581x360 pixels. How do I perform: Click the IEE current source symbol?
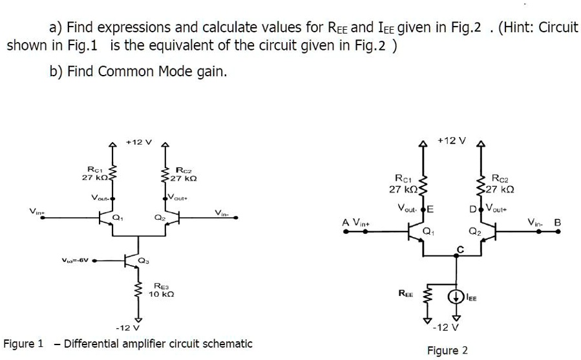pyautogui.click(x=457, y=297)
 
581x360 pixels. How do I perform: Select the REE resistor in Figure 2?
pyautogui.click(x=425, y=299)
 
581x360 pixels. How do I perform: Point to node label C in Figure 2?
pyautogui.click(x=461, y=249)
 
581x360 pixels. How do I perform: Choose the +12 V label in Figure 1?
pyautogui.click(x=138, y=143)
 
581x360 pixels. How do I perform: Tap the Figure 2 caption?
pyautogui.click(x=447, y=350)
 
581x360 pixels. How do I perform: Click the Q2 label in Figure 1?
pyautogui.click(x=158, y=218)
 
